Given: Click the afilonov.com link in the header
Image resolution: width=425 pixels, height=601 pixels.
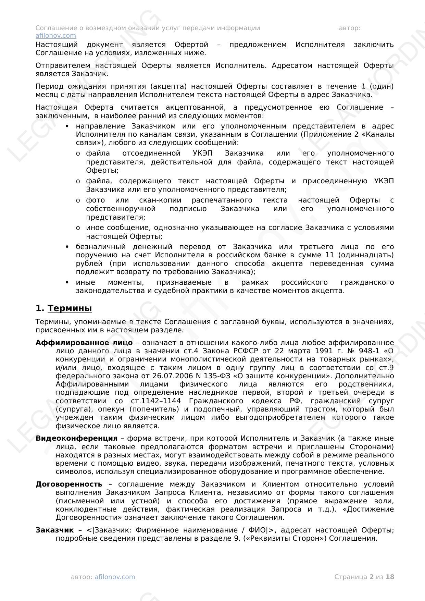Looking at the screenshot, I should point(56,36).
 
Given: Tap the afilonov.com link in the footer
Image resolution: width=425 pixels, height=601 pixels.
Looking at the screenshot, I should point(115,577).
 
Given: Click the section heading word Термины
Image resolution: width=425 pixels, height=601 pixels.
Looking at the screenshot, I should point(70,308).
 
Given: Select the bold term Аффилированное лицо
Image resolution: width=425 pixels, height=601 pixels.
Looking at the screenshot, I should point(84,343).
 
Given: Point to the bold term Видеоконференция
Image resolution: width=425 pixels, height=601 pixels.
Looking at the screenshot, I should point(76,438).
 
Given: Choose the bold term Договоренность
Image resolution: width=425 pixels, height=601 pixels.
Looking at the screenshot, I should point(69,484).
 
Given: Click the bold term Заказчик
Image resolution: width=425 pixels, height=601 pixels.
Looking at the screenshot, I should point(54,530).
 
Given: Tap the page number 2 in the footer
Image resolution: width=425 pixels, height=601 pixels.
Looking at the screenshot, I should point(371,577).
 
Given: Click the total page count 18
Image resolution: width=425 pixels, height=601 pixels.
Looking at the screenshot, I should point(390,577).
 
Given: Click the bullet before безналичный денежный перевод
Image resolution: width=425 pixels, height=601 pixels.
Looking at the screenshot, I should point(68,247).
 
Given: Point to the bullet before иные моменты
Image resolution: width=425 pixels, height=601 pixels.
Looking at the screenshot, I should point(68,282).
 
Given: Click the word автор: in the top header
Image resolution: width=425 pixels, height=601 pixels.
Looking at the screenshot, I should point(349,28).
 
